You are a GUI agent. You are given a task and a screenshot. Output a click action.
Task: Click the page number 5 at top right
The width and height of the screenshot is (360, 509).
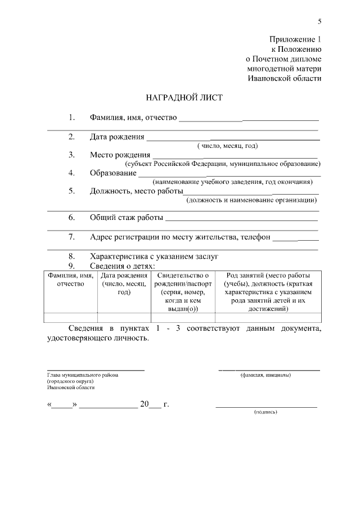pyautogui.click(x=319, y=22)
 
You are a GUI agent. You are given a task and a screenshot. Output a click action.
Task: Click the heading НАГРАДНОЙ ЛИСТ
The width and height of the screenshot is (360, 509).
pyautogui.click(x=184, y=97)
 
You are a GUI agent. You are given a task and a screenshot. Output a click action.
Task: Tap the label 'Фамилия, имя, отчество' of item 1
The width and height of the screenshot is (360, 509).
pyautogui.click(x=133, y=118)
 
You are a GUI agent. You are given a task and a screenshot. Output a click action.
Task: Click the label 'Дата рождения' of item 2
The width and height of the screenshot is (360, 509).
pyautogui.click(x=116, y=137)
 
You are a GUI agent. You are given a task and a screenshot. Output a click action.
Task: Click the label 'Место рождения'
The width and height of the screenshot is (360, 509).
pyautogui.click(x=120, y=155)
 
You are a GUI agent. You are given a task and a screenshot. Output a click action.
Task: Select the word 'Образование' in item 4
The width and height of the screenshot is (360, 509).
pyautogui.click(x=112, y=173)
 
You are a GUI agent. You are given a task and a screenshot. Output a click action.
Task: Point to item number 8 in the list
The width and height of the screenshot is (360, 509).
pyautogui.click(x=71, y=256)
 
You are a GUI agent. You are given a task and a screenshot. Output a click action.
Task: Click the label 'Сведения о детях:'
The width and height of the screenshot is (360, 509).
pyautogui.click(x=122, y=265)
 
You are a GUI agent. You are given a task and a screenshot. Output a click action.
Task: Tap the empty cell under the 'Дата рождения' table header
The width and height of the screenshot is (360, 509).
pyautogui.click(x=124, y=317)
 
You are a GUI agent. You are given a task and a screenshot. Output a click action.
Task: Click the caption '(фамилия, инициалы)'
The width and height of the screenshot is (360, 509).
pyautogui.click(x=265, y=375)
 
